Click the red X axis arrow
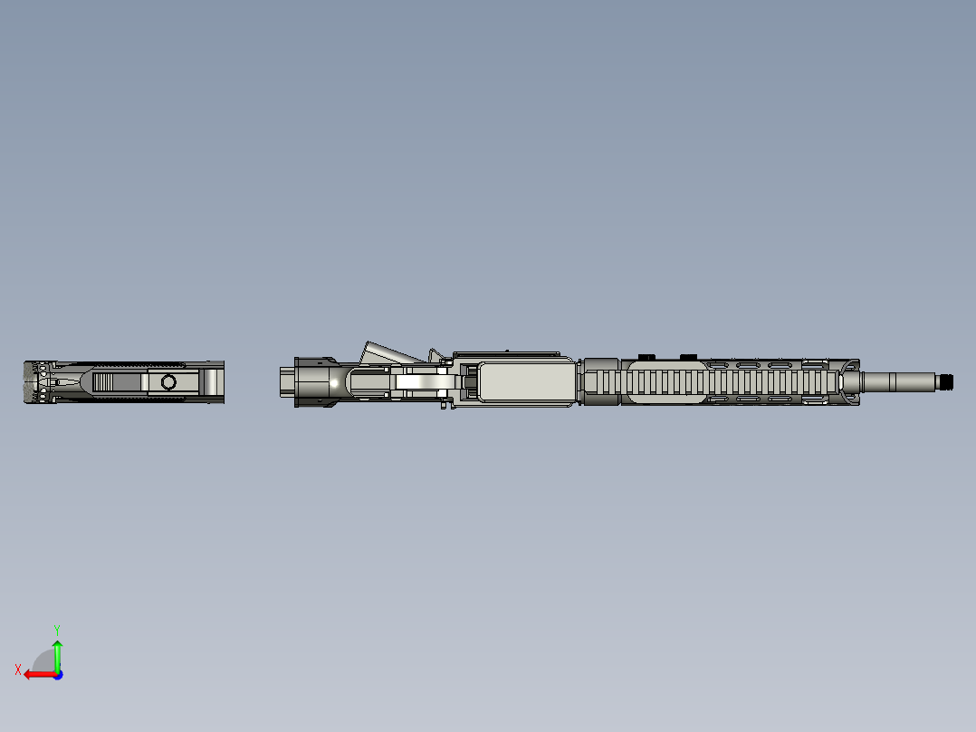[36, 674]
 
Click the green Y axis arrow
[57, 654]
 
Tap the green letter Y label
[56, 628]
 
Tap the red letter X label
[17, 670]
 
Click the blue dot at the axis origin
[57, 674]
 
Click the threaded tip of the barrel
[946, 381]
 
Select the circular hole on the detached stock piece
[168, 381]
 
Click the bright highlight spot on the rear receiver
[334, 383]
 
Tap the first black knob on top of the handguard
[646, 356]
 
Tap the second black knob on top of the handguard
[688, 356]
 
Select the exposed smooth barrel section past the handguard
[896, 381]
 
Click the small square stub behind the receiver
[286, 381]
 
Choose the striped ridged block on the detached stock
[117, 381]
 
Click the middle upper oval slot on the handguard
[748, 365]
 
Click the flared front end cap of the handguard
[848, 381]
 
